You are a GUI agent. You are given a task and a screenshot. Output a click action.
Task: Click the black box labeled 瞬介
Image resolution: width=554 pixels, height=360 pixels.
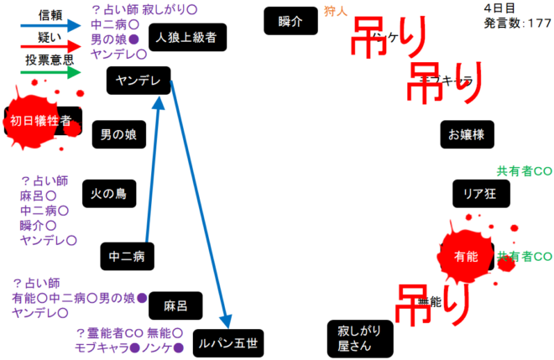pos(290,20)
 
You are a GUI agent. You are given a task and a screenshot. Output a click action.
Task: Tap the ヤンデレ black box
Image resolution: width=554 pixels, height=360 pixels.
pos(139,81)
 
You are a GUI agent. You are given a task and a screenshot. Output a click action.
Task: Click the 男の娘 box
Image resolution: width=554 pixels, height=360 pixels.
pos(118,133)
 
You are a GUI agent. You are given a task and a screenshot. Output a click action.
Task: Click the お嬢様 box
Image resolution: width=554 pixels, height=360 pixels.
pos(467,133)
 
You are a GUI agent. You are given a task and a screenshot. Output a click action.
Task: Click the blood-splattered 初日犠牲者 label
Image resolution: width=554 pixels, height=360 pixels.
pos(40,121)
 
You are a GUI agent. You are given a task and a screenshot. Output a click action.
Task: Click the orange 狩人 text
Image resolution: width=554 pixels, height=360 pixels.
pos(334,11)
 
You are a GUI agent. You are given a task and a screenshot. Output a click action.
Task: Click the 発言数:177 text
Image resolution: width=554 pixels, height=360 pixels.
pos(517,23)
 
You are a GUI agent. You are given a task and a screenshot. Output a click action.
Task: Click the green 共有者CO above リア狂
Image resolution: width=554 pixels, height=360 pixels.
pos(524,170)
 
